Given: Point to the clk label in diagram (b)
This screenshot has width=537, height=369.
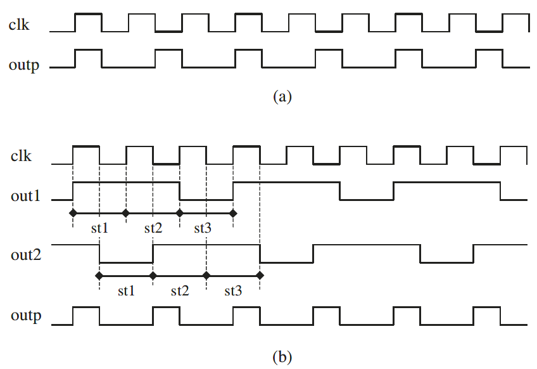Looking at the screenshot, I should click(22, 156).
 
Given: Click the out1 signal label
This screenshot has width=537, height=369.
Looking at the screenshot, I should click(26, 196).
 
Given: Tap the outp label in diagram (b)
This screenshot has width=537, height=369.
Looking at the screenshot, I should click(26, 315).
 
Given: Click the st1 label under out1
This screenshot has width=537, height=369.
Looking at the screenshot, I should click(99, 228).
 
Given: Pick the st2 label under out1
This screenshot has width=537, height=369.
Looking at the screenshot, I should click(153, 228).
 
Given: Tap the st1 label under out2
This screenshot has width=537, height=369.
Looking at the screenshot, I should click(126, 291).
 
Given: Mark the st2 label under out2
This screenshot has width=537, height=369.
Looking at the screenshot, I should click(180, 291).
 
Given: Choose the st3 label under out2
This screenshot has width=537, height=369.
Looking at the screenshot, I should click(233, 291).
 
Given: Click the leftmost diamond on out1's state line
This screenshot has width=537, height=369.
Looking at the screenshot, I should click(73, 212).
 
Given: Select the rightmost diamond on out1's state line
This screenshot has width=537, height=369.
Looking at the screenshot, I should click(233, 212).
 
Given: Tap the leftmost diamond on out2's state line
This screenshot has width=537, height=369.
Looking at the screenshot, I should click(99, 276).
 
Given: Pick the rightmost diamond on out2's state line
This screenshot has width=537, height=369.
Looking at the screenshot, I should click(260, 276).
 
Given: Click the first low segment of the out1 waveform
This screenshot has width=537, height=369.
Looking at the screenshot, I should click(206, 199).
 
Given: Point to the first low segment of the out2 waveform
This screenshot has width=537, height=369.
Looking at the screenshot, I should click(126, 261).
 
